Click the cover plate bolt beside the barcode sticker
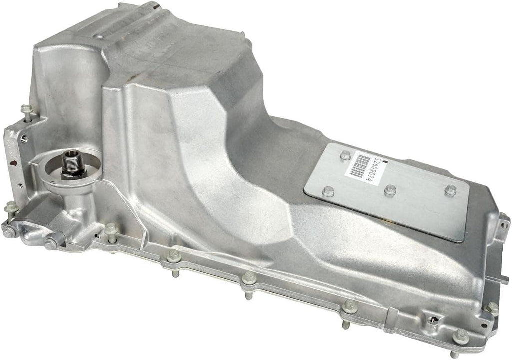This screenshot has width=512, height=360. click(x=345, y=156)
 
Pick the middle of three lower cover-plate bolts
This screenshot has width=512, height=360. click(x=390, y=190)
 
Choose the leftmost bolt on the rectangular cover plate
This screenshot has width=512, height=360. click(x=328, y=191)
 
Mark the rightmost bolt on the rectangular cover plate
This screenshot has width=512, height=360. click(x=450, y=190)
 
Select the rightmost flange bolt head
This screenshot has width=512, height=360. click(x=492, y=308)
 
